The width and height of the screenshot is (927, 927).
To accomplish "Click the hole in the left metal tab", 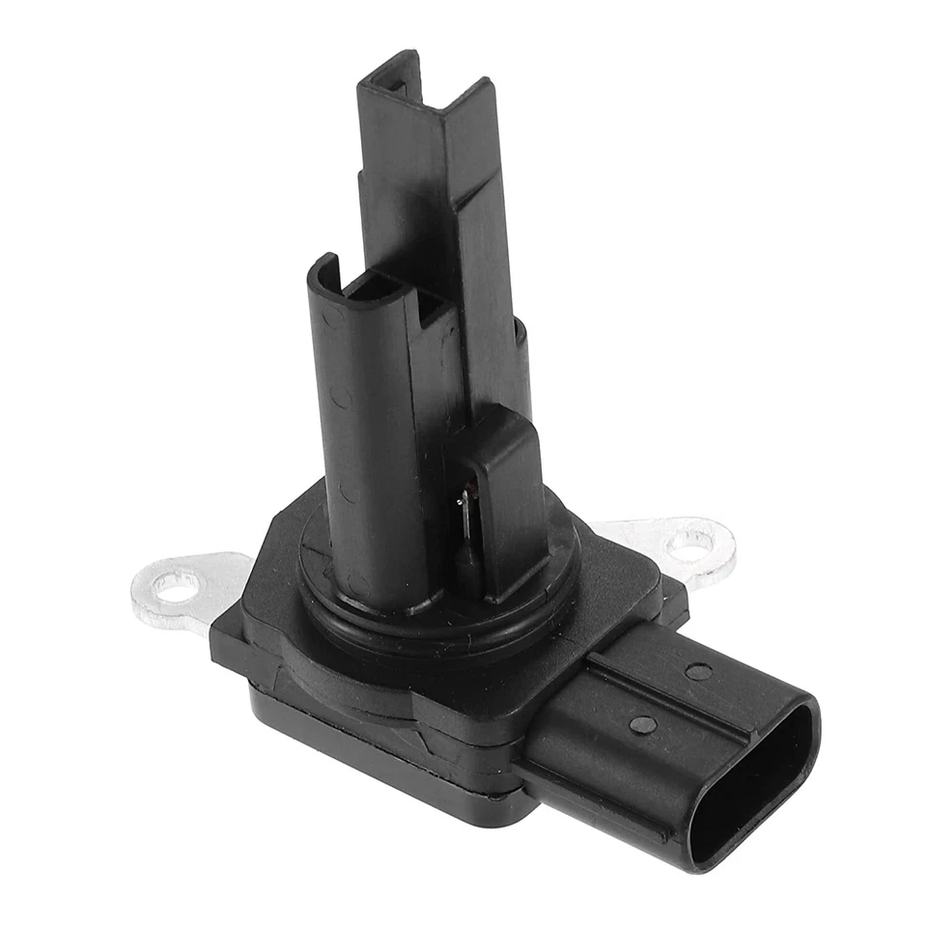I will (177, 585).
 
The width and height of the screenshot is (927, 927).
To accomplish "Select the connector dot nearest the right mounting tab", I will (698, 671).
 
